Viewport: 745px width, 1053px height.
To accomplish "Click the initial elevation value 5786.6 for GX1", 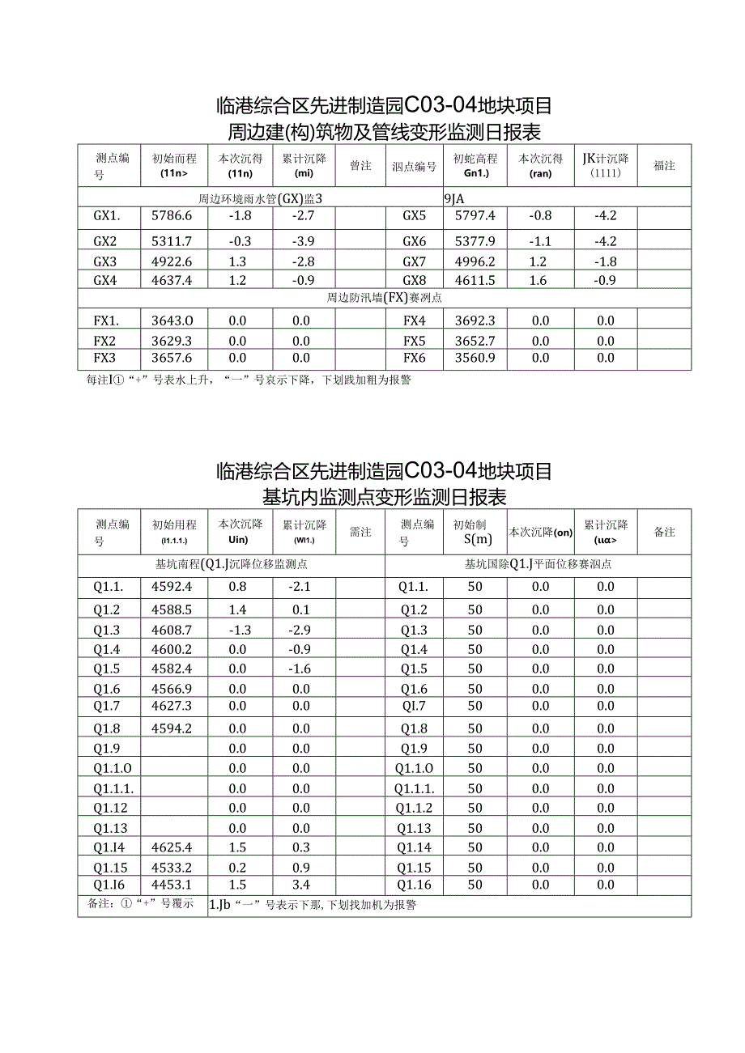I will pos(172,216).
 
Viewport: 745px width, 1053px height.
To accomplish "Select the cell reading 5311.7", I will pos(172,241).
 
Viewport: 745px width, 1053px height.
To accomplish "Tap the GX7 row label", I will pos(414,261).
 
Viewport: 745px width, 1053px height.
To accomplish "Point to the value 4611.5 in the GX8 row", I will pos(475,280).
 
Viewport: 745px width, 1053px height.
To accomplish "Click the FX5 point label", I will pos(414,341).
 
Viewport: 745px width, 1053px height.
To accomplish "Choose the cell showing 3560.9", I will pos(475,359).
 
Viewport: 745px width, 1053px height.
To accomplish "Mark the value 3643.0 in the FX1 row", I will pos(172,321).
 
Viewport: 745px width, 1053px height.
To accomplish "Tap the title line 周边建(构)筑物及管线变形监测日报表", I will pos(384,132).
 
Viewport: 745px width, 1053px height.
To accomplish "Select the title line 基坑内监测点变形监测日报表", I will pos(384,496).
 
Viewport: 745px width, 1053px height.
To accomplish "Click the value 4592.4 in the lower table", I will pos(172,587).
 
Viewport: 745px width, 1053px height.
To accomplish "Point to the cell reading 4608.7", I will pos(172,630).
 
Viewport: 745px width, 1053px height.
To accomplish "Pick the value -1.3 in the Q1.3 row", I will pos(237,630).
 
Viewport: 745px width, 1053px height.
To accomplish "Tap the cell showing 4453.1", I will pos(172,885).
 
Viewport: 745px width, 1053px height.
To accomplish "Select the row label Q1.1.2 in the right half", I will pos(414,808).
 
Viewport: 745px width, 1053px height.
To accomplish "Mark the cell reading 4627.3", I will pos(172,707).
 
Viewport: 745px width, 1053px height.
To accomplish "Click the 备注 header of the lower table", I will pos(664,532).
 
